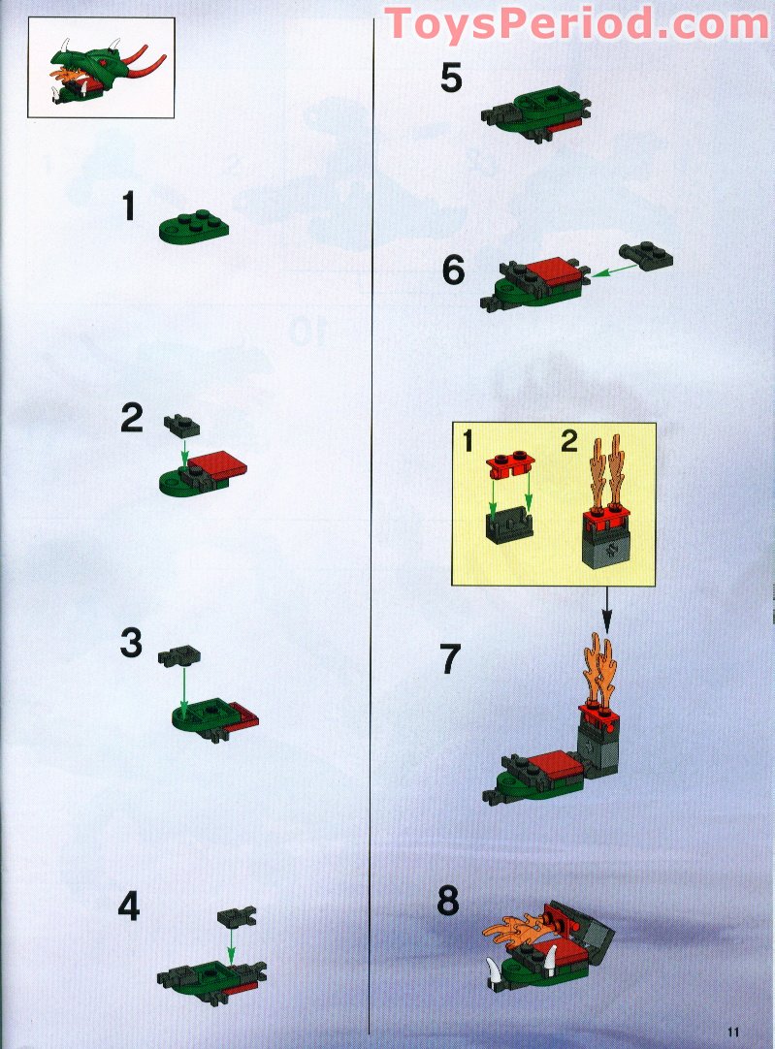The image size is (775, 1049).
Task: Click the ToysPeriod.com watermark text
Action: coord(577,24)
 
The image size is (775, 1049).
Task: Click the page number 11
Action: coord(735,1032)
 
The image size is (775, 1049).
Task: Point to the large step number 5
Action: coord(451,78)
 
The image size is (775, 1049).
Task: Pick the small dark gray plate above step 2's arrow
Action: coord(181,427)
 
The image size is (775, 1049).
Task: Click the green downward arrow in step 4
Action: coord(231,944)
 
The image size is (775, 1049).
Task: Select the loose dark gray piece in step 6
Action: coord(646,255)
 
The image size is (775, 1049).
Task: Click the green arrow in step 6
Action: coord(614,270)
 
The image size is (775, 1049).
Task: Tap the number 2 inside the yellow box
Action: coord(568,441)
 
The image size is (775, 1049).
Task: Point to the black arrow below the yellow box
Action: coord(607,609)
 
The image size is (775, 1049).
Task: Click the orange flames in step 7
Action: coord(599,670)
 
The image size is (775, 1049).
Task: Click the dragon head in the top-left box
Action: coord(100,73)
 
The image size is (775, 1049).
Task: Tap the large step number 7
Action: coord(450,658)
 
